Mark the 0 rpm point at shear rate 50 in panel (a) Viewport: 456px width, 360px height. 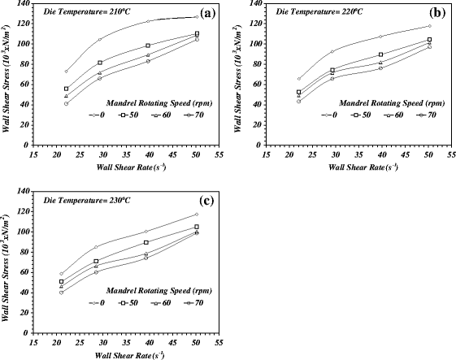[197, 17]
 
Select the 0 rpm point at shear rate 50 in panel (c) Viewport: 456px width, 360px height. [197, 215]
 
